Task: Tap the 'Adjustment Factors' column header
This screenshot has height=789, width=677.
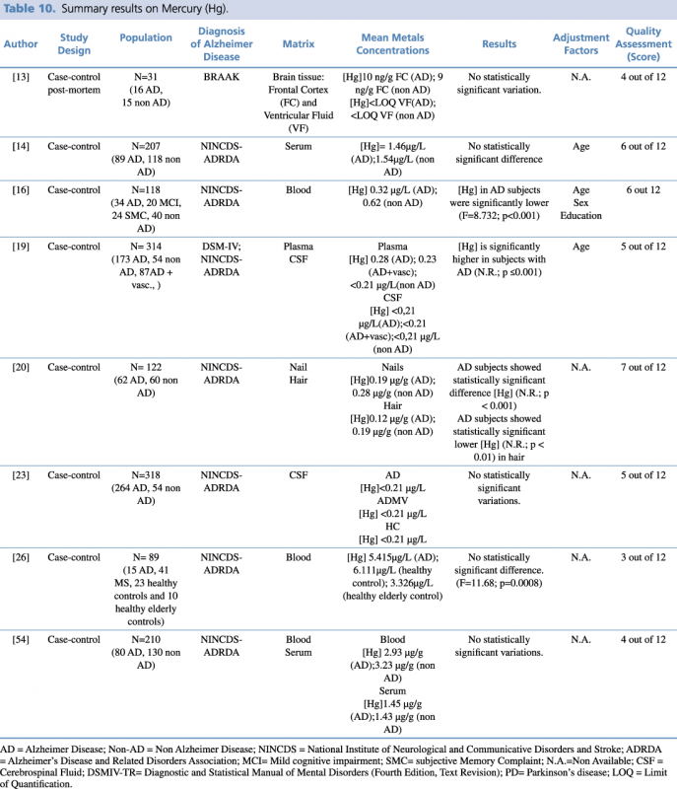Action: point(580,45)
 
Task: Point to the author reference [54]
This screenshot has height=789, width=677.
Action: point(20,639)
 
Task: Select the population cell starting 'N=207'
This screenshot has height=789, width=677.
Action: point(146,153)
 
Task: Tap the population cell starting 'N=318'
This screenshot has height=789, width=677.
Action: point(146,480)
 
